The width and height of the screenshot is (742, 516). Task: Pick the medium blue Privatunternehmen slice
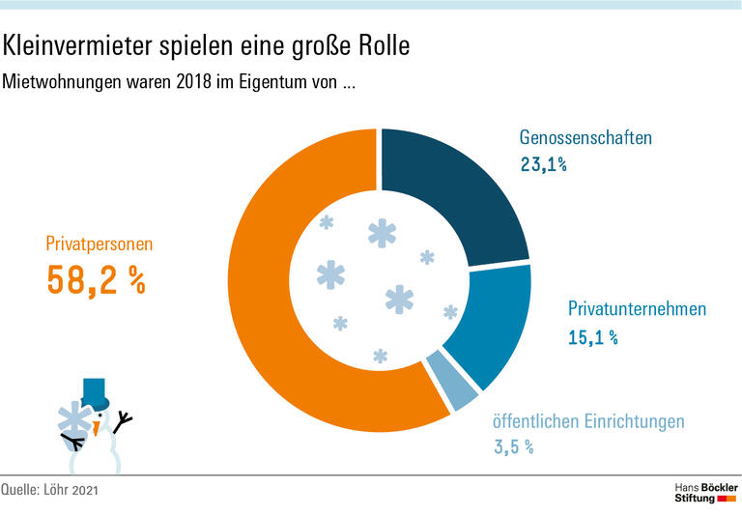coord(488,324)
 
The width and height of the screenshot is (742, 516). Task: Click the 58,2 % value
coord(96,279)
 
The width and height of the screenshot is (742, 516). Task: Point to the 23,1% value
coord(543,165)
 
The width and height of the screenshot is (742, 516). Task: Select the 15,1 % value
coord(592,337)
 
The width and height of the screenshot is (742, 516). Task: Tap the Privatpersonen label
coord(99,244)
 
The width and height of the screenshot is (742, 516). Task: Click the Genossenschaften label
coord(585,137)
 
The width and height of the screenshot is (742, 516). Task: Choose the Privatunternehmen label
coord(637,309)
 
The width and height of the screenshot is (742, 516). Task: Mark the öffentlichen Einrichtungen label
coord(587,421)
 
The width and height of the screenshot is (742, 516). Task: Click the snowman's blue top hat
coord(95,392)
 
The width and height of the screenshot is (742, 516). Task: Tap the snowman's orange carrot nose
coord(97,426)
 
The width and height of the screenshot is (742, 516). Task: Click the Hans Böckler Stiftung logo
coord(704,490)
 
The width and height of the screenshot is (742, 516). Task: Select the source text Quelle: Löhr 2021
coord(49,491)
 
